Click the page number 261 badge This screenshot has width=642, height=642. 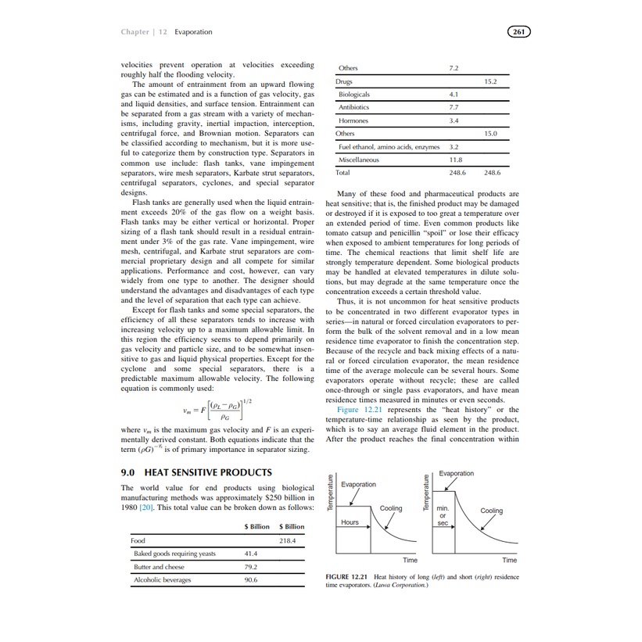coord(519,32)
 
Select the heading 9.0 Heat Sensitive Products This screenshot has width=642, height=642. coord(196,472)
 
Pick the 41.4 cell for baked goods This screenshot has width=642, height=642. coord(251,554)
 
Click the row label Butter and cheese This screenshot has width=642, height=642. coord(160,567)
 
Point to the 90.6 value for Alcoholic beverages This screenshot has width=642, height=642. coord(251,580)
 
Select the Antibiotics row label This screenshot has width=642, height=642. coord(354,107)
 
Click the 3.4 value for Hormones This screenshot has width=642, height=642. coord(454,121)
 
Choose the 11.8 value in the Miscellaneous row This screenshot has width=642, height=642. coord(454,160)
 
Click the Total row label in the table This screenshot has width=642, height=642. coord(343,173)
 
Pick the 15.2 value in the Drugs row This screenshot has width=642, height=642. coord(491,81)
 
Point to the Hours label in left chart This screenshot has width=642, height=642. coord(350,522)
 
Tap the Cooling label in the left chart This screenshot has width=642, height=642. coord(391,508)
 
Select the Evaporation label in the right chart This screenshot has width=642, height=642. coord(456,474)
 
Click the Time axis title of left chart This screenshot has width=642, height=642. coord(410,560)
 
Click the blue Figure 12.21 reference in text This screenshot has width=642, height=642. coord(359,410)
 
